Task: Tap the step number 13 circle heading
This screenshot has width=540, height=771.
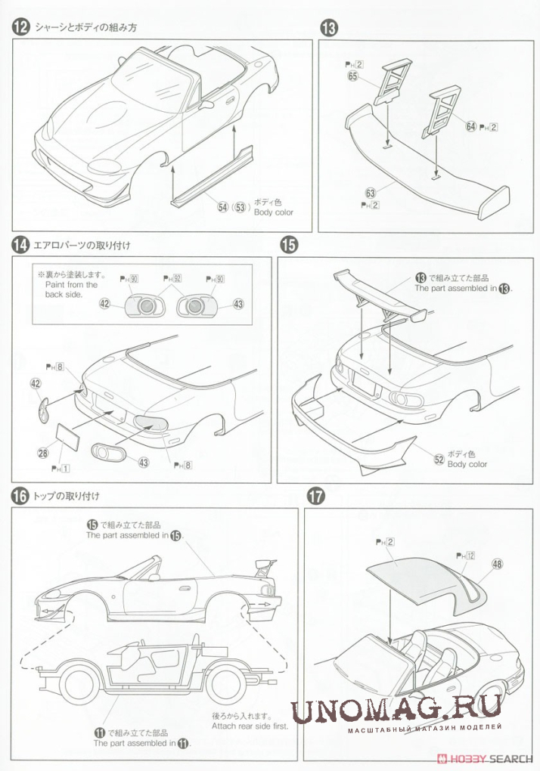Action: pyautogui.click(x=329, y=28)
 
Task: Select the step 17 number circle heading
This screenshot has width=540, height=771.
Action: pyautogui.click(x=315, y=497)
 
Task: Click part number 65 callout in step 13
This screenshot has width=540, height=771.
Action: pyautogui.click(x=353, y=76)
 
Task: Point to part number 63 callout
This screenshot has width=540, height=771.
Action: pyautogui.click(x=371, y=194)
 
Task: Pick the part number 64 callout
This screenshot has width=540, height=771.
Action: pyautogui.click(x=471, y=126)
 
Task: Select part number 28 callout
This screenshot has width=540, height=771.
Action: pyautogui.click(x=43, y=453)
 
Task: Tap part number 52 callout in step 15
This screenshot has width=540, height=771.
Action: pyautogui.click(x=438, y=458)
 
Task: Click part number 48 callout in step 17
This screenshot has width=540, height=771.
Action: pyautogui.click(x=496, y=563)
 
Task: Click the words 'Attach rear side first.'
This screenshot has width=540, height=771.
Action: pyautogui.click(x=245, y=726)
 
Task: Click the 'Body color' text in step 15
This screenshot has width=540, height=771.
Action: pyautogui.click(x=467, y=464)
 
